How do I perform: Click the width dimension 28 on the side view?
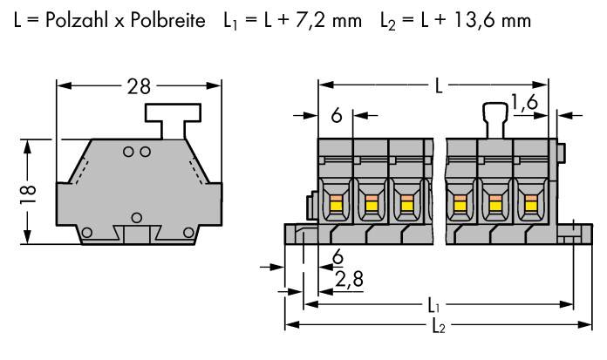[x=139, y=86]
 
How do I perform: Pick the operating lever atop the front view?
[x=494, y=118]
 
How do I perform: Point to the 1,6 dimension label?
[x=524, y=104]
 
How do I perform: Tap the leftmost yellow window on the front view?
[x=334, y=206]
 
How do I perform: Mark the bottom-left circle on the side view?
[x=86, y=232]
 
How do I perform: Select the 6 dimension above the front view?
[x=336, y=114]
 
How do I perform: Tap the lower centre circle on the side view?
[x=136, y=215]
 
